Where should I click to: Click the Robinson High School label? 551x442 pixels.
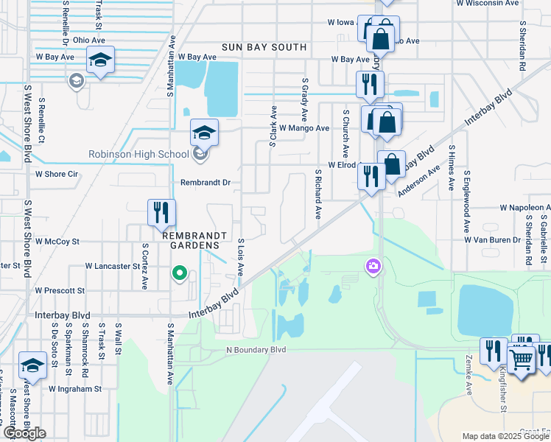click(x=138, y=155)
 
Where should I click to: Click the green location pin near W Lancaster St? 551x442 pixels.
click(x=178, y=274)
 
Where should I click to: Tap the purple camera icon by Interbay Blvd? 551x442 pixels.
click(x=373, y=265)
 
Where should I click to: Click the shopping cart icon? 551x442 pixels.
click(x=521, y=360)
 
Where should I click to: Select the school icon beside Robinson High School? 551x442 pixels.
click(x=204, y=133)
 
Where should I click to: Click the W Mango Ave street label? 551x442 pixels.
click(x=303, y=128)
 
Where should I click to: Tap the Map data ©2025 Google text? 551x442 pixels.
click(x=505, y=436)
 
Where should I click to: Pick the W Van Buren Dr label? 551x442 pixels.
click(x=492, y=240)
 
